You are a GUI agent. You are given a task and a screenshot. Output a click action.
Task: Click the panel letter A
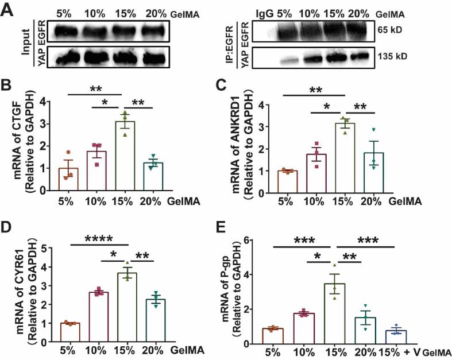8,10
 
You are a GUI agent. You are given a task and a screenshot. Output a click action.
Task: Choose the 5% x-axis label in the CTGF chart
68,202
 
